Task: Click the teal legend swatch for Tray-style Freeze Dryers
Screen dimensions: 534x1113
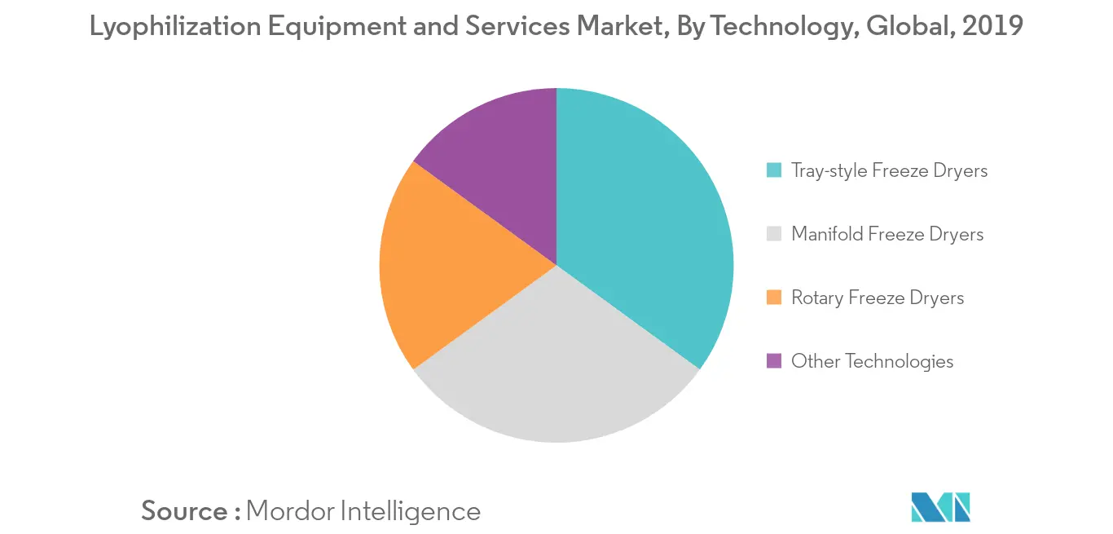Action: click(x=774, y=170)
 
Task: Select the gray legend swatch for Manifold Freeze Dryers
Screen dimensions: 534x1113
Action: click(x=774, y=234)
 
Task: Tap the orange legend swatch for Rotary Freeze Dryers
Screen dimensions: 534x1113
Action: click(x=774, y=298)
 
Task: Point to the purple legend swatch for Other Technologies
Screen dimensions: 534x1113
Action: click(x=774, y=361)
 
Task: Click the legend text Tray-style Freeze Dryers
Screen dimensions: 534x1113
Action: click(x=889, y=170)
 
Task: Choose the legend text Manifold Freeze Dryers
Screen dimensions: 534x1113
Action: click(x=887, y=234)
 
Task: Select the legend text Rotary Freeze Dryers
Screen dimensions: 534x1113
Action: click(x=878, y=298)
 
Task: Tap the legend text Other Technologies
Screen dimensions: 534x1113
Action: click(x=872, y=361)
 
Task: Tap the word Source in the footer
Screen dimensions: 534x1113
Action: click(x=185, y=511)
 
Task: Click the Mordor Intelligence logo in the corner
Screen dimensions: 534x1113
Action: click(x=941, y=507)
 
